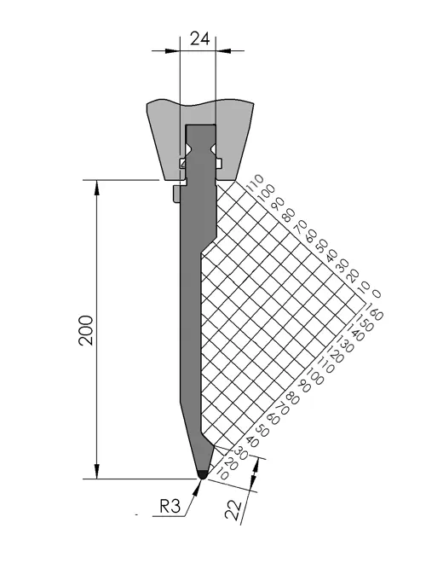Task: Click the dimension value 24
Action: pyautogui.click(x=199, y=38)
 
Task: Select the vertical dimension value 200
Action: pyautogui.click(x=86, y=330)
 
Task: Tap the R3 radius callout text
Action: pyautogui.click(x=170, y=506)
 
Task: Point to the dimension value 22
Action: pyautogui.click(x=233, y=510)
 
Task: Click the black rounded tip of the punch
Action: pyautogui.click(x=202, y=474)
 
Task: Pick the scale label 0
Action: pyautogui.click(x=377, y=293)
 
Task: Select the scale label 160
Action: pyautogui.click(x=374, y=311)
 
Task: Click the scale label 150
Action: pyautogui.click(x=364, y=322)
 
